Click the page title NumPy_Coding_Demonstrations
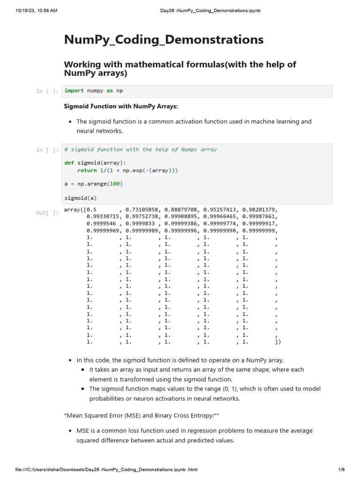pos(164,40)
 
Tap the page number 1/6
pos(341,470)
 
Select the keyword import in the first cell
pos(74,91)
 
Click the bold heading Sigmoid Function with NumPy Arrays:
pos(121,106)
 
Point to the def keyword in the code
pos(69,163)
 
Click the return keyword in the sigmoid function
pos(87,171)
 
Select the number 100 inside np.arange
pos(114,184)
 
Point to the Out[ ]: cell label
pos(47,213)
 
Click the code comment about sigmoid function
pos(141,150)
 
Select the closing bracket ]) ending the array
pos(278,342)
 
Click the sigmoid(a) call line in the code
pos(81,198)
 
